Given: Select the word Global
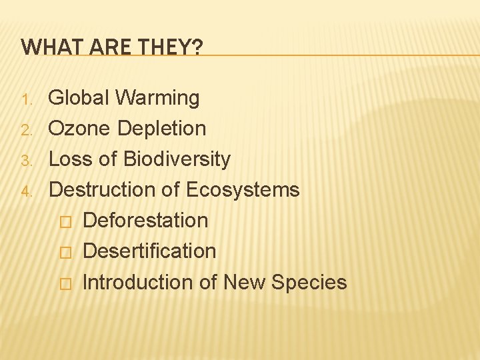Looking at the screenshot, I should click(79, 98).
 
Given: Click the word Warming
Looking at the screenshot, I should click(157, 98).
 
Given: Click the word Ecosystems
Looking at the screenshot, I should click(243, 190).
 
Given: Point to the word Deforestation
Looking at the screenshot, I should click(145, 221).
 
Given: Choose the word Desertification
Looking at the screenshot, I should click(149, 251).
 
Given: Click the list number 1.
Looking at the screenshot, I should click(27, 100).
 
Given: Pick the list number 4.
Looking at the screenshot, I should click(27, 192).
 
